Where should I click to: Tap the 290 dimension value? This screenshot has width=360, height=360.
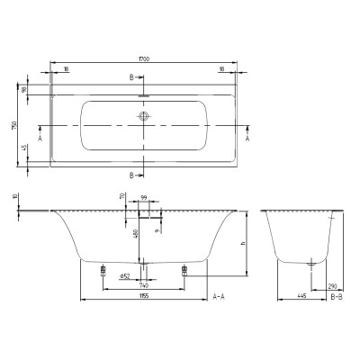[335, 283]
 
